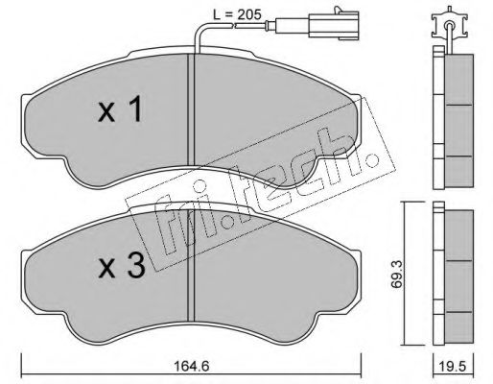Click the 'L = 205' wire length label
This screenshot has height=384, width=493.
pyautogui.click(x=237, y=14)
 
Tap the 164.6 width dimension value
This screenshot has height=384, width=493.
pyautogui.click(x=192, y=366)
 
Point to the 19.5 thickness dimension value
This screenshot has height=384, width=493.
pyautogui.click(x=454, y=366)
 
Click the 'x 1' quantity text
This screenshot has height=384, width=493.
pyautogui.click(x=120, y=109)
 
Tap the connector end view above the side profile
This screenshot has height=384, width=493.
pyautogui.click(x=450, y=26)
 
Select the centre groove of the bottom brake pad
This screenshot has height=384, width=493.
pyautogui.click(x=191, y=266)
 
